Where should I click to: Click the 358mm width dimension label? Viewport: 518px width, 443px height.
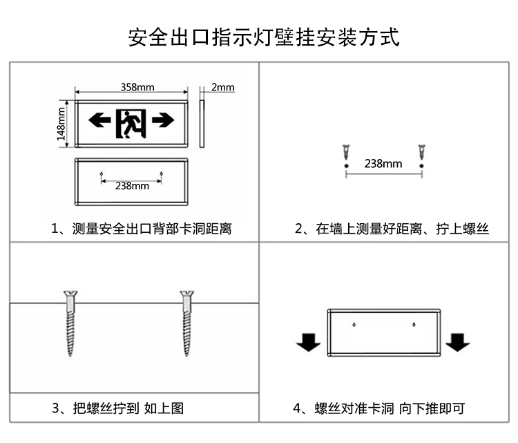click(137, 87)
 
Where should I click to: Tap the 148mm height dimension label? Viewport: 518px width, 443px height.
click(61, 124)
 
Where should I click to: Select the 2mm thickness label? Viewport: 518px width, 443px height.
click(222, 87)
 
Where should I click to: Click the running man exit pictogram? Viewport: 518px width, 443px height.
click(131, 124)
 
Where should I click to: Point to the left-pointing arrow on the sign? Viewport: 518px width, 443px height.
click(99, 120)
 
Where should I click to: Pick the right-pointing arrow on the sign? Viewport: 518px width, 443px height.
click(163, 120)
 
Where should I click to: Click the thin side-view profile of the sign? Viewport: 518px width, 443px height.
click(202, 124)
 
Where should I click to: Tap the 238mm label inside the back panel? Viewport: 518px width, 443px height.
click(132, 186)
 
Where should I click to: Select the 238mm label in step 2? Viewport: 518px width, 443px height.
click(383, 163)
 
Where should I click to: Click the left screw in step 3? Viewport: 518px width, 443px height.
click(70, 323)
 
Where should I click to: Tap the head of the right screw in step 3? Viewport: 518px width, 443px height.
click(187, 294)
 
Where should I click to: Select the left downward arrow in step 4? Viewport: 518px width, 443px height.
click(308, 342)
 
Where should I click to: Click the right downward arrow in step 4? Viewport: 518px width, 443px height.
click(458, 342)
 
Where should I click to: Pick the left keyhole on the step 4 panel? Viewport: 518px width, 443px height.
click(354, 325)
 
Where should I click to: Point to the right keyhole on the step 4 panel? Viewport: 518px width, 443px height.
click(414, 325)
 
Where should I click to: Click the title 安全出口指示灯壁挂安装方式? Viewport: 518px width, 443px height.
click(264, 37)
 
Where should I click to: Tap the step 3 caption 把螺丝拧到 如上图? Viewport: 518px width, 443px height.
click(128, 408)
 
